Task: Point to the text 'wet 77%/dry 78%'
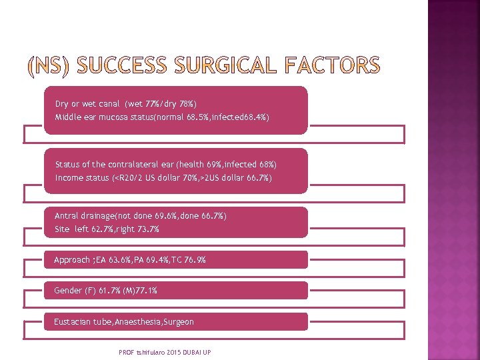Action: pos(160,104)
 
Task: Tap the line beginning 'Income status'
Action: pos(163,178)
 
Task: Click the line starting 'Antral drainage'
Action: pos(140,216)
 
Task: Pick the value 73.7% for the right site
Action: pos(146,229)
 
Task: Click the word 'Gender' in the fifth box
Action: pos(67,291)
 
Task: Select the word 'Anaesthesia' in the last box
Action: pos(137,322)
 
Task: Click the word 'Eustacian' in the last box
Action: pos(71,322)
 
